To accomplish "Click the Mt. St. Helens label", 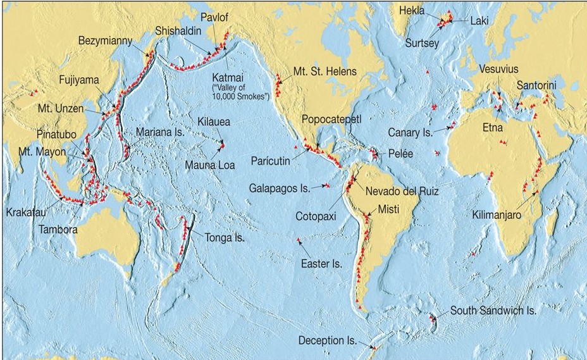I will point(325,71).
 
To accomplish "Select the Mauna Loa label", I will point(209,165).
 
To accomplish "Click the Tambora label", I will point(56,229).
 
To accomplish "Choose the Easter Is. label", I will point(321,263).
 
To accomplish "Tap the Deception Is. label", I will point(328,340).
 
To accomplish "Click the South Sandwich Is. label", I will point(493,311).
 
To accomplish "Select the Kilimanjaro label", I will point(497,215).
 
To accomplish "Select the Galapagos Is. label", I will point(279,188).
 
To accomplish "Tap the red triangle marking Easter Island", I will point(298,240).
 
